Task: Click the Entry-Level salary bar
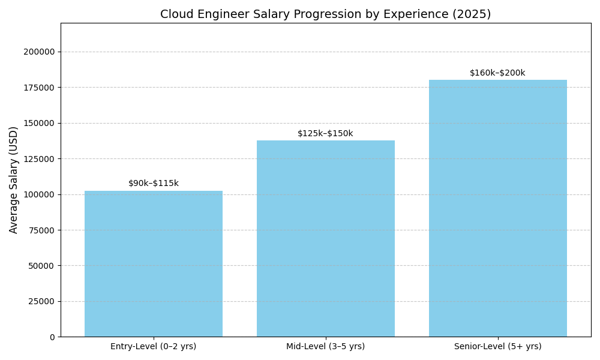(x=154, y=263)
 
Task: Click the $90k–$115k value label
(x=154, y=184)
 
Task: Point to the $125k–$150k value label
(x=325, y=134)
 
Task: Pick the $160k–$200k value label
(x=497, y=73)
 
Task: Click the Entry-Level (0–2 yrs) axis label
(x=154, y=347)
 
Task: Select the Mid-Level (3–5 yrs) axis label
(x=326, y=347)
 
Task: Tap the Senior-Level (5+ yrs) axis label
(x=498, y=347)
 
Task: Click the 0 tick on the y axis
(x=52, y=337)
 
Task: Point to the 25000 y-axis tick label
(x=41, y=301)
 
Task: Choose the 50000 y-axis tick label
(x=41, y=266)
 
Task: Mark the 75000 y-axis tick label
(x=41, y=230)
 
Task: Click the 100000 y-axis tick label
(x=39, y=194)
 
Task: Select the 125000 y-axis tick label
(x=39, y=159)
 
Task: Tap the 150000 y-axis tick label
(x=39, y=123)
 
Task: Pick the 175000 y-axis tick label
(x=39, y=88)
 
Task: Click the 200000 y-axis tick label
(x=39, y=52)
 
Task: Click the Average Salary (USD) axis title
(x=14, y=179)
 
